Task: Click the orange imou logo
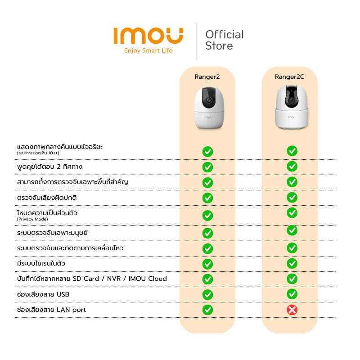coord(148,36)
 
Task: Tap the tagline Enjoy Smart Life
coord(148,50)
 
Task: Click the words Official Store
coord(224,40)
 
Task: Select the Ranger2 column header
coord(207,76)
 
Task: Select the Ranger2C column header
coord(289,76)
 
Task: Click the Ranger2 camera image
coord(209,108)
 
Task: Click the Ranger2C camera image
coord(292,107)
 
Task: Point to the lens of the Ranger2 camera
coord(209,100)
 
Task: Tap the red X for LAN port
coord(292,310)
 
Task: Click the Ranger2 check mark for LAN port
coord(207,310)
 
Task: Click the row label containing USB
coord(43,294)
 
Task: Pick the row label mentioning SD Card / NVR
coord(92,279)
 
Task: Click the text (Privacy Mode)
coord(32,219)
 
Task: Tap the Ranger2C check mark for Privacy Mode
coord(292,213)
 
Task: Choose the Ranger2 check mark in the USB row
coord(207,295)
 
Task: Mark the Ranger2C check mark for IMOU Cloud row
coord(292,279)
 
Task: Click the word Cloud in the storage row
coord(157,279)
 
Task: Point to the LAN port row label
coord(51,310)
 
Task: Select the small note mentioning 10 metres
coord(38,153)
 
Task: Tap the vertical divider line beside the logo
coord(196,40)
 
